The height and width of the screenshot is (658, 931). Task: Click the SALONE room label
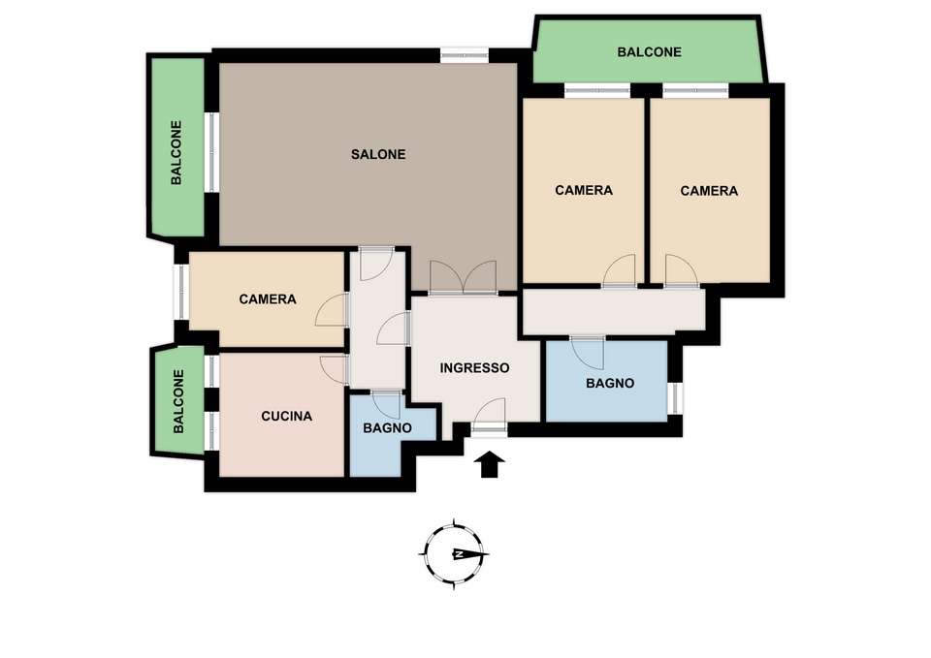tap(378, 154)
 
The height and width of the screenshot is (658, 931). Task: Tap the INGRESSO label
tap(474, 368)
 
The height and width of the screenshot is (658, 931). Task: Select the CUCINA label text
tap(286, 417)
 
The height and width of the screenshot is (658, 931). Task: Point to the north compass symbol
tap(455, 553)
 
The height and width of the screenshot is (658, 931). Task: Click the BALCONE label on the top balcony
tap(649, 52)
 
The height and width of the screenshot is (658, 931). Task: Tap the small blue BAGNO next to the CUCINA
tap(387, 427)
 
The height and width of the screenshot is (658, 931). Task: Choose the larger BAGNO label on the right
tap(610, 384)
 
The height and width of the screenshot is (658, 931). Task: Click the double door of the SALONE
tap(464, 278)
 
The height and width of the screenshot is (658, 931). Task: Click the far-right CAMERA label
tap(709, 191)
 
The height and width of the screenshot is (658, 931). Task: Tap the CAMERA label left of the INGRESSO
tap(268, 299)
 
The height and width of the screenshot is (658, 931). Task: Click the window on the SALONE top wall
tap(465, 55)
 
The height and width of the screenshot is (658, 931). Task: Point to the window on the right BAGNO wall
tap(675, 398)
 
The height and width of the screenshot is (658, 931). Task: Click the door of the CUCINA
tap(334, 369)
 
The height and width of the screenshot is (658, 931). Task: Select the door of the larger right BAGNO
tap(588, 353)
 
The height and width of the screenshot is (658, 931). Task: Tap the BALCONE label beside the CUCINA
tap(178, 402)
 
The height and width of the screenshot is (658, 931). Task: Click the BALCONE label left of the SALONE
tap(177, 152)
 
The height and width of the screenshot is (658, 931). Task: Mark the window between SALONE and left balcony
tap(212, 152)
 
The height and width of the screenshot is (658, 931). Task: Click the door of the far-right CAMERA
tap(681, 271)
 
